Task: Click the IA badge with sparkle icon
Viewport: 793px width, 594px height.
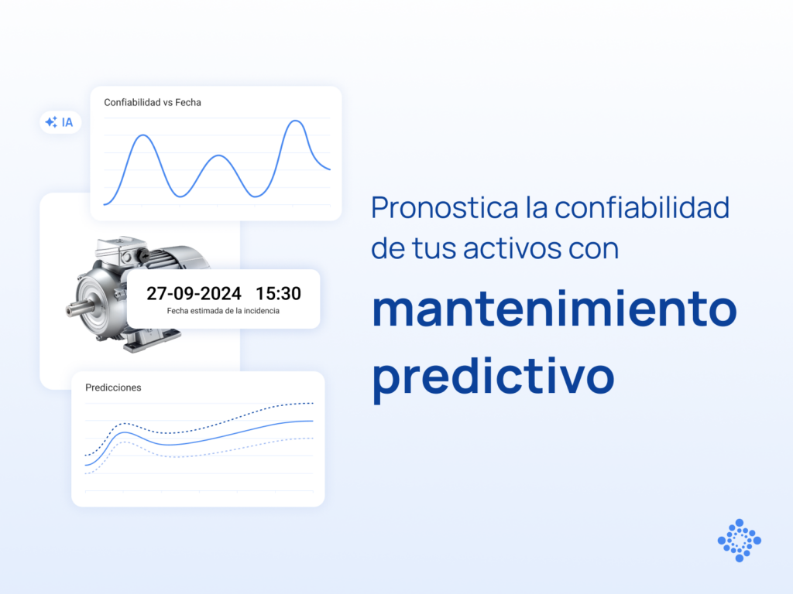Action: (x=60, y=122)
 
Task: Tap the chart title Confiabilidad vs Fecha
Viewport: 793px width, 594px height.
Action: (x=153, y=102)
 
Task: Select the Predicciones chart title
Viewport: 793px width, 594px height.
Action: (x=113, y=387)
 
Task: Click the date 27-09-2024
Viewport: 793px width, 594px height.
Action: (x=194, y=294)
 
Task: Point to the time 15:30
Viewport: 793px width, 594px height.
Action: (x=278, y=294)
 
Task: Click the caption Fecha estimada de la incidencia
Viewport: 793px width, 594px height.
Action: (x=223, y=311)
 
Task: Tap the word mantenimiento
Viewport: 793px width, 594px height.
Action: (x=554, y=309)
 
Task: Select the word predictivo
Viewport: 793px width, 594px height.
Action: (x=493, y=375)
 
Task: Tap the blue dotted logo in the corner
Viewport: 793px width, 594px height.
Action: (x=739, y=540)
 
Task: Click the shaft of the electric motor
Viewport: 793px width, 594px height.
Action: (x=76, y=309)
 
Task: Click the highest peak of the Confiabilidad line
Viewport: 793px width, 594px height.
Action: (x=294, y=121)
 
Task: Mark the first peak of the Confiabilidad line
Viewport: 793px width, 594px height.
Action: (x=142, y=135)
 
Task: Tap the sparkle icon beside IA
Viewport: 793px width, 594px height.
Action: (x=51, y=122)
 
